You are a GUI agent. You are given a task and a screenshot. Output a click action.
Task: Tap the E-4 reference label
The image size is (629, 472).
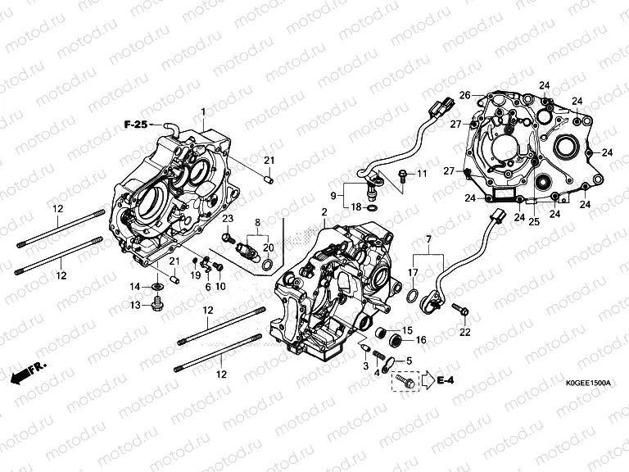coord(446,380)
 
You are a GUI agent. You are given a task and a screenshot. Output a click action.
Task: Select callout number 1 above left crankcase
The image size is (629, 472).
coord(202,111)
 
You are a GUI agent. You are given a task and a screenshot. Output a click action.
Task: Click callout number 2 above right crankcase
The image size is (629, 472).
coord(324,212)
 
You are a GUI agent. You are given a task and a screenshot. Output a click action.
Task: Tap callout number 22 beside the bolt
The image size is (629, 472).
coord(465,332)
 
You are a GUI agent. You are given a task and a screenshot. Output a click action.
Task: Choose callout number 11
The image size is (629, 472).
coord(422,175)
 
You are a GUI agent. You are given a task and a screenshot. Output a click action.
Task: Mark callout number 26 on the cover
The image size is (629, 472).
coord(464,96)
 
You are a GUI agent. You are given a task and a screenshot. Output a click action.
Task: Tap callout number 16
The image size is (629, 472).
coord(421,339)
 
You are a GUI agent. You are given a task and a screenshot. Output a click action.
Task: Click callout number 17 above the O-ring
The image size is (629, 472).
coord(414,272)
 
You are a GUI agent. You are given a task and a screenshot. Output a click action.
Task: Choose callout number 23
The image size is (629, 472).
coord(228,218)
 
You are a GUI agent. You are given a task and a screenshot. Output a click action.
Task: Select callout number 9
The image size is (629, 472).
coord(334,195)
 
